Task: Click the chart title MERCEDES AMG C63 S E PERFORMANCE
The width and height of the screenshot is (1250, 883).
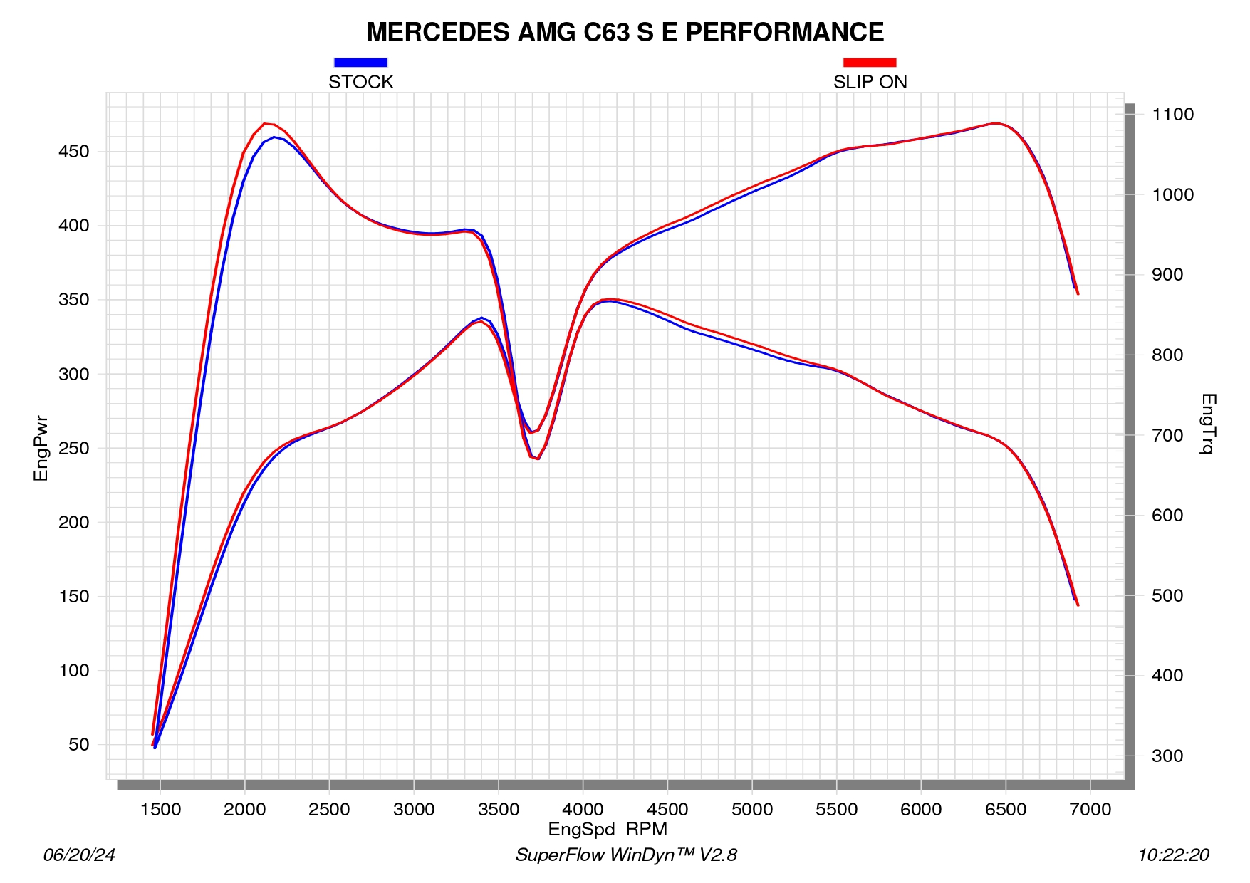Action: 625,33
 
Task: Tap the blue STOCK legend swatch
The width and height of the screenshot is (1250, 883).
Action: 360,63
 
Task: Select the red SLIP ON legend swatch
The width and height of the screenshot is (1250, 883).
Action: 870,63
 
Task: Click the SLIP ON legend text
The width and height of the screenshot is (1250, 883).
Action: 870,82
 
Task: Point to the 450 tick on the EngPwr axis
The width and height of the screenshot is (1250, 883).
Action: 74,152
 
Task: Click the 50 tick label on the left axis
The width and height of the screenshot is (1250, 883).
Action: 79,745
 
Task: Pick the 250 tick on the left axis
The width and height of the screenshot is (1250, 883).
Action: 74,449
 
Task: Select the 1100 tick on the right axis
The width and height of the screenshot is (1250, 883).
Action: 1172,115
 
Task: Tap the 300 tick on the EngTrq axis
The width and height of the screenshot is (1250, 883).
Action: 1167,756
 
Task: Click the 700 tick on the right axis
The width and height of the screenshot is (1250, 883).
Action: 1167,435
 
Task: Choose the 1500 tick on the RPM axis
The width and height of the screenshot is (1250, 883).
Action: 160,810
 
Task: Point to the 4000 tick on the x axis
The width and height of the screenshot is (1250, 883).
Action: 583,810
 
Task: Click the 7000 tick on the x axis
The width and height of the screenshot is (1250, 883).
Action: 1090,810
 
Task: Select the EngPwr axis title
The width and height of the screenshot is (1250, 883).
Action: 41,448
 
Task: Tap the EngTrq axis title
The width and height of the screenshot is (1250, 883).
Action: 1208,424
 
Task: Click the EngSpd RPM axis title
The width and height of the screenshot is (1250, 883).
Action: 608,830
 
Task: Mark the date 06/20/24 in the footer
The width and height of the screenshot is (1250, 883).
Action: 79,855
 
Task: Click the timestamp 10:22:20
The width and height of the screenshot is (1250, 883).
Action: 1173,855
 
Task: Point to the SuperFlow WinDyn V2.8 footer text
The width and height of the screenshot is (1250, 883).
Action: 626,855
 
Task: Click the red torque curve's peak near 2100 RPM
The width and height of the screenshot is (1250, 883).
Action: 265,123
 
